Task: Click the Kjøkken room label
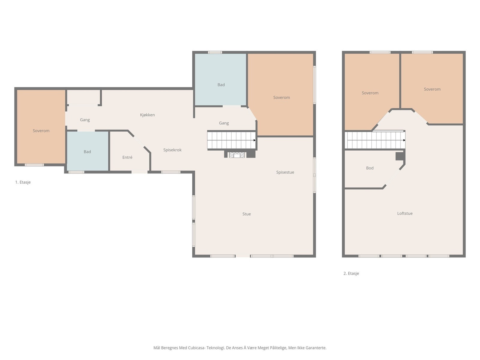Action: click(x=147, y=115)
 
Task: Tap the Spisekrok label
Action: click(x=172, y=150)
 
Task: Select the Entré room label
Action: click(x=127, y=157)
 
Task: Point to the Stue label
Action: click(x=247, y=214)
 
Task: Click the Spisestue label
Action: click(x=285, y=172)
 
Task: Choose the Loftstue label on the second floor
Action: click(x=405, y=213)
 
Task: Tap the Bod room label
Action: click(x=370, y=168)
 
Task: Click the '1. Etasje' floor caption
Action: click(x=23, y=182)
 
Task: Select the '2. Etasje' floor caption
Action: click(x=351, y=273)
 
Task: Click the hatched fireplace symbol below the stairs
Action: click(x=237, y=155)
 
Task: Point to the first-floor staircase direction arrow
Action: click(x=254, y=140)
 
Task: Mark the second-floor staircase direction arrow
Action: click(x=404, y=140)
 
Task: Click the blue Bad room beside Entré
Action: click(x=88, y=151)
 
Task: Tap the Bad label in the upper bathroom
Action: click(x=221, y=85)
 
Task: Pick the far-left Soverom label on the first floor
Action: click(x=41, y=131)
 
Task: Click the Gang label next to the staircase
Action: click(x=224, y=123)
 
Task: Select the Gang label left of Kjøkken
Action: click(x=85, y=120)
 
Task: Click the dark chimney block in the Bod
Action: click(x=400, y=156)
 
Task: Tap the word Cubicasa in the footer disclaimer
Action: click(x=197, y=347)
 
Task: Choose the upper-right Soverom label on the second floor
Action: click(x=432, y=89)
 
